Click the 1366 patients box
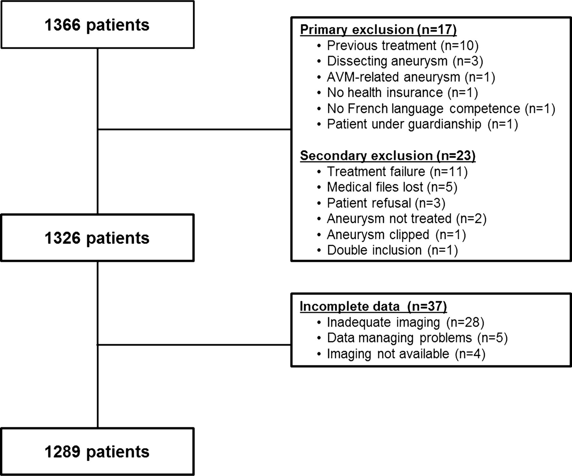tap(98, 24)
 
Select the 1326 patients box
tap(98, 238)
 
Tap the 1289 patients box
tap(98, 452)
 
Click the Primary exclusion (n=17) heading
tap(378, 30)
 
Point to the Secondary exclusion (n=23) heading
tap(388, 156)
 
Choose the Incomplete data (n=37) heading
tap(373, 306)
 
